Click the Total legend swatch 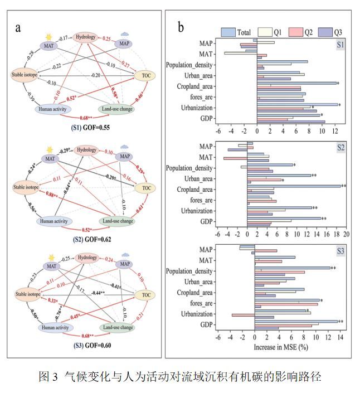point(229,32)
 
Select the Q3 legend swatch point(322,32)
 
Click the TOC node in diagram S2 point(146,188)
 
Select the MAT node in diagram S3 point(52,266)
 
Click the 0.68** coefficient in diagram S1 point(86,118)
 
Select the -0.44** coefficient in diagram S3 point(99,293)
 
